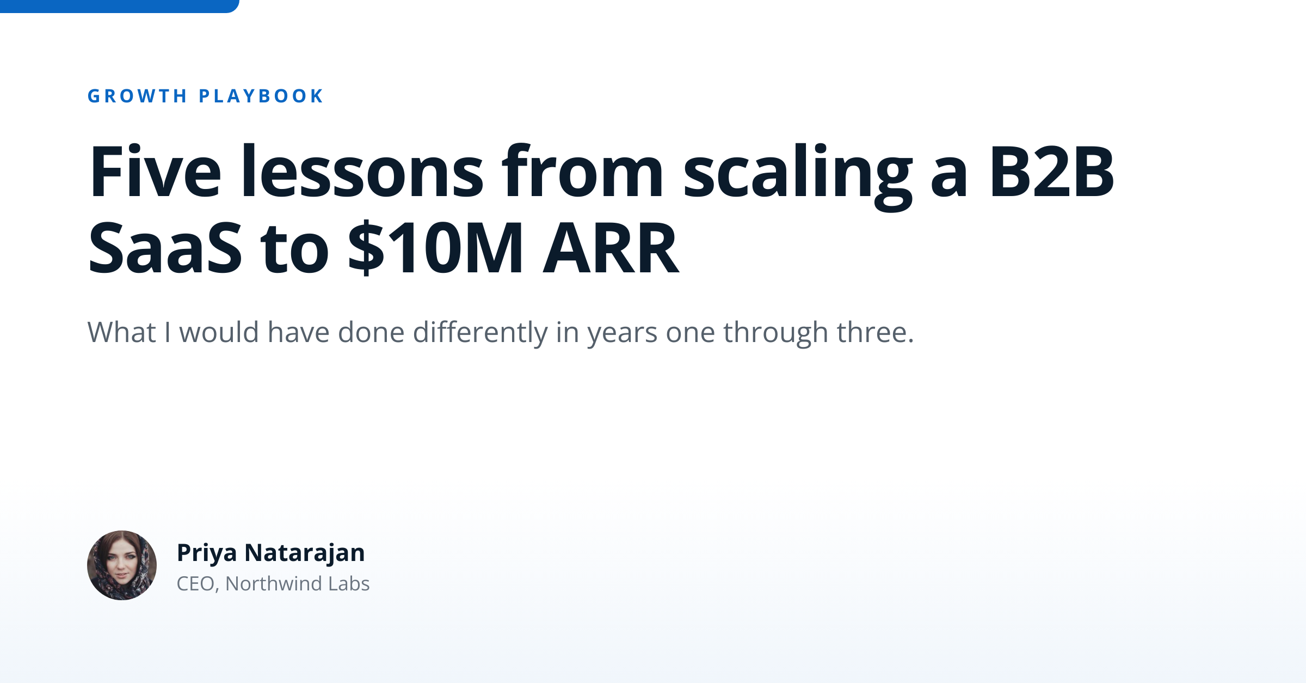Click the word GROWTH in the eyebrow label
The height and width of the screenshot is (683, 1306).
[x=137, y=96]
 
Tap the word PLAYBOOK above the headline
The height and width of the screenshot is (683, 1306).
[x=261, y=96]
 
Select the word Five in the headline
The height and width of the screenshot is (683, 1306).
[x=155, y=172]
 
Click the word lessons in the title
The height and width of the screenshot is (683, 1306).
[x=362, y=172]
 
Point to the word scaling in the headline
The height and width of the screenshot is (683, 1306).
[x=797, y=172]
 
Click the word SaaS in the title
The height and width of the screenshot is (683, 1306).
[x=164, y=249]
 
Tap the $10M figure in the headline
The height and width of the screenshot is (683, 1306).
[x=435, y=249]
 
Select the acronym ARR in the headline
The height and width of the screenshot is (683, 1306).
[x=611, y=249]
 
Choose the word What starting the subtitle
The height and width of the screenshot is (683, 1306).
[x=121, y=332]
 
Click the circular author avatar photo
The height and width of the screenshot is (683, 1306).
[x=122, y=565]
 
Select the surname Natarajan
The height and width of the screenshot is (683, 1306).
[x=305, y=553]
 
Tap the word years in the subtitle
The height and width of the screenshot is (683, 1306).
[x=622, y=332]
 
